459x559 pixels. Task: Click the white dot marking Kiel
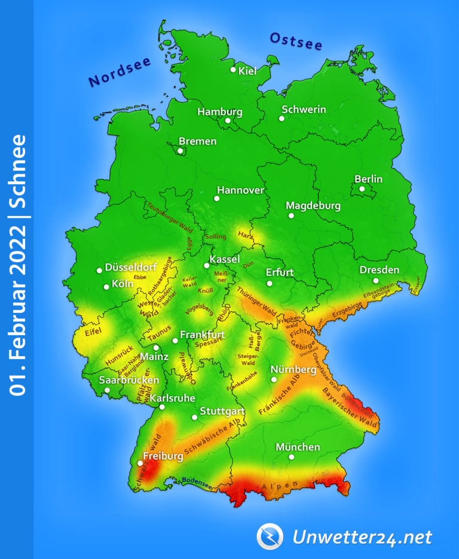[x=234, y=69]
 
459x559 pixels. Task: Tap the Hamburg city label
[x=220, y=112]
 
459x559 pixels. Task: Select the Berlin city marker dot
[x=362, y=189]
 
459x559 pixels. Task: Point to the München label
[x=298, y=447]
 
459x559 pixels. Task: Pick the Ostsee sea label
[x=296, y=41]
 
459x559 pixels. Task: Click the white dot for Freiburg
[x=140, y=463]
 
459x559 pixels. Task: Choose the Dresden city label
[x=379, y=270]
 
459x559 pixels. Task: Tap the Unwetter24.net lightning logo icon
[x=270, y=536]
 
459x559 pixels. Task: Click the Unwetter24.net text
[x=362, y=537]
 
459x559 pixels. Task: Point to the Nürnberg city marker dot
[x=274, y=379]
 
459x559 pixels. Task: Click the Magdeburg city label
[x=313, y=206]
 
